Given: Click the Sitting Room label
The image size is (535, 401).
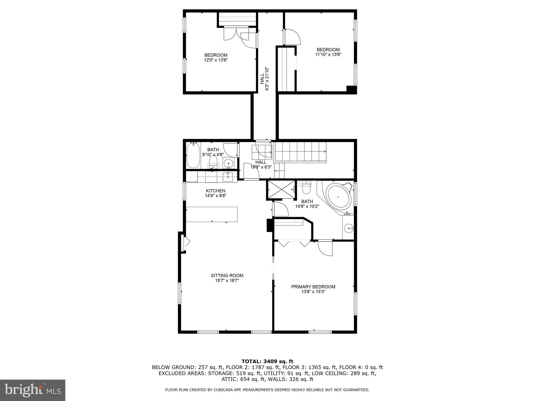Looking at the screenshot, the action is tap(227, 275).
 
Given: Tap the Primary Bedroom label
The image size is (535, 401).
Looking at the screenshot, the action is tap(313, 287).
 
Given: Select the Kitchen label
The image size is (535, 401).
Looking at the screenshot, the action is tap(216, 191).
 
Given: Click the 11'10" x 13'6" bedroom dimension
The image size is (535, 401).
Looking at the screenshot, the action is tap(328, 55).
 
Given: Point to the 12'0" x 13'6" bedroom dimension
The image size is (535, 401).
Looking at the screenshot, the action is tap(216, 60).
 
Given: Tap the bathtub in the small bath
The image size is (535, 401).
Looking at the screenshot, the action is tap(193, 155).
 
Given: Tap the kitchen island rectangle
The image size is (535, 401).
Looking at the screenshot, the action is tap(212, 214).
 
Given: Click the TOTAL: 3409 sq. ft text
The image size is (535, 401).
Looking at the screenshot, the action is tap(267, 361).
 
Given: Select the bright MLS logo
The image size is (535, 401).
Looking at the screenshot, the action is tap(33, 390).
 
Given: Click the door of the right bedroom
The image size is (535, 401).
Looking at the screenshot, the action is tap(292, 37).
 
